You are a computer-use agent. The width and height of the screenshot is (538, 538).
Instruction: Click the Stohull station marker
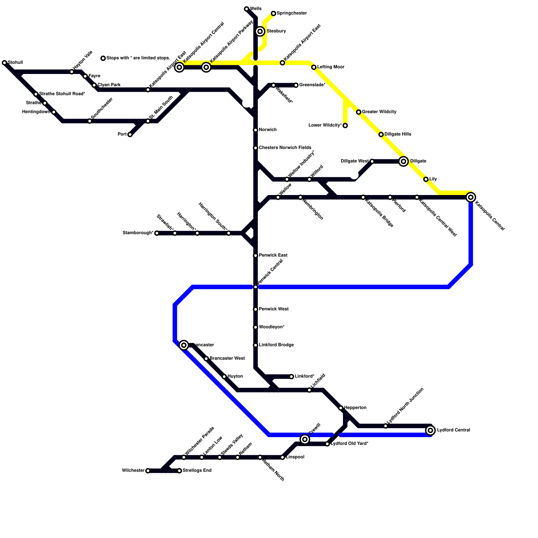4,63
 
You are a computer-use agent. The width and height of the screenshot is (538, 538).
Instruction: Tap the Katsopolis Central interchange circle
471,197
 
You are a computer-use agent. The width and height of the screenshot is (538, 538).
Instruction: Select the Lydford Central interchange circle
430,430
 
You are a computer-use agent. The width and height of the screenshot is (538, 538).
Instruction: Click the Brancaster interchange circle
184,345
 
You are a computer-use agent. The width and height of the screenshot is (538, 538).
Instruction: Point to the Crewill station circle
305,439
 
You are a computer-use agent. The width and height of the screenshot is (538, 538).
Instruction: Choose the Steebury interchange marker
260,32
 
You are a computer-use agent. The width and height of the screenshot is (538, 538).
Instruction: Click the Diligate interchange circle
403,161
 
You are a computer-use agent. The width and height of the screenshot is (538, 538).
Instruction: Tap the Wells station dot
246,9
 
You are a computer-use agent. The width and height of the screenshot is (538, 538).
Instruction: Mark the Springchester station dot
273,13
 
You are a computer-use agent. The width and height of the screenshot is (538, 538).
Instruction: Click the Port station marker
130,134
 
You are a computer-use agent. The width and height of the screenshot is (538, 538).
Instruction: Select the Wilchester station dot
148,471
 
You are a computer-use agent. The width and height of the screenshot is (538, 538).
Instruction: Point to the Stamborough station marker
157,233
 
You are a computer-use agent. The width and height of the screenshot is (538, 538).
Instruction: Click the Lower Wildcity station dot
345,125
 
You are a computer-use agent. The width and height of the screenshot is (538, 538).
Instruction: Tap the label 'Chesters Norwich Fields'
285,148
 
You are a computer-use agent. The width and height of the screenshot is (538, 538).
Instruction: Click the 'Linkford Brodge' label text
276,345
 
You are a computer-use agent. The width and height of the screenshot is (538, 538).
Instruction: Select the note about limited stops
138,58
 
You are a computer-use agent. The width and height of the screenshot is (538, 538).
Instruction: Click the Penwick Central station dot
256,287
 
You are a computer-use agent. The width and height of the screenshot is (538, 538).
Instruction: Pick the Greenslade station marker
296,85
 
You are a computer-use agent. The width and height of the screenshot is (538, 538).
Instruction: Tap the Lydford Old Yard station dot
327,444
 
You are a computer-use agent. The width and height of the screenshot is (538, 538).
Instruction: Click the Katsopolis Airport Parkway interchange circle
206,67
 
